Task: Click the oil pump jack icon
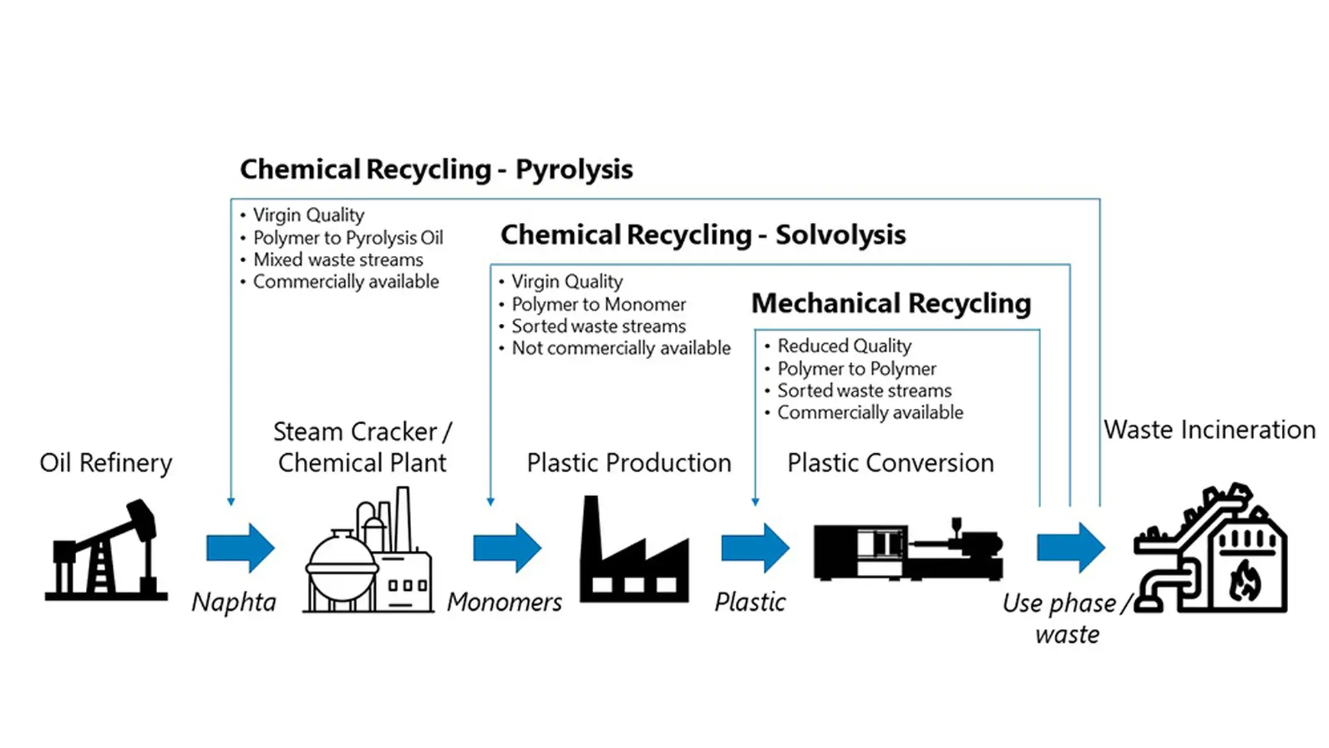pyautogui.click(x=106, y=549)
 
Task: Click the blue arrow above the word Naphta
pyautogui.click(x=240, y=548)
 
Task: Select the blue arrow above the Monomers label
pyautogui.click(x=507, y=548)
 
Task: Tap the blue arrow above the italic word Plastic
pyautogui.click(x=754, y=548)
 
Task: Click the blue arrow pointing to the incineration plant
pyautogui.click(x=1070, y=548)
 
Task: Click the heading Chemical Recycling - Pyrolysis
pyautogui.click(x=436, y=170)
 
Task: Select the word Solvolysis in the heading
pyautogui.click(x=840, y=235)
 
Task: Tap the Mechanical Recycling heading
pyautogui.click(x=891, y=304)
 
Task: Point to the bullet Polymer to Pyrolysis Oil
pyautogui.click(x=347, y=238)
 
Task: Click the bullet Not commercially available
pyautogui.click(x=621, y=348)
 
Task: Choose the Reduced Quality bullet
pyautogui.click(x=844, y=346)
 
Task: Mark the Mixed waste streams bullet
pyautogui.click(x=338, y=260)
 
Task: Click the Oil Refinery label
pyautogui.click(x=106, y=463)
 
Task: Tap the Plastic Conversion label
pyautogui.click(x=890, y=463)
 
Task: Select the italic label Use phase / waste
pyautogui.click(x=1067, y=618)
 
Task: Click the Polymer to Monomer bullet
pyautogui.click(x=598, y=304)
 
